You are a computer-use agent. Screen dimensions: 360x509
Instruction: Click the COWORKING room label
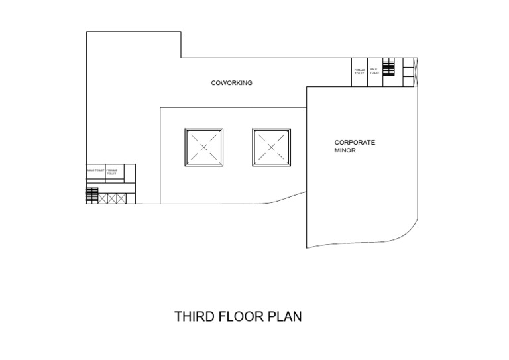231,83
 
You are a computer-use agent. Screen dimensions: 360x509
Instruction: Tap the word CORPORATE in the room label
355,143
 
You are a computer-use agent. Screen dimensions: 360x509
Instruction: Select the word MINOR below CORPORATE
345,150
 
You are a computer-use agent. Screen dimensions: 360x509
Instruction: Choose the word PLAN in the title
285,316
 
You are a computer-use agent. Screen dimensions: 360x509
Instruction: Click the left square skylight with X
203,147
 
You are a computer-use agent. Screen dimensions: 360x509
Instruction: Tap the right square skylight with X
271,147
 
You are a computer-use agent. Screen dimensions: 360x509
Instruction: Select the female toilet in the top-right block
360,72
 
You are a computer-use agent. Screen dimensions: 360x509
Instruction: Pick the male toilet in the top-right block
374,72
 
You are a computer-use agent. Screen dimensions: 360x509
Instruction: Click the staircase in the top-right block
388,68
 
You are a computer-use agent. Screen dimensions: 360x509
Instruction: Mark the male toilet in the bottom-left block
95,172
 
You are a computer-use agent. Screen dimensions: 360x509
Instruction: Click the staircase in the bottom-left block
92,195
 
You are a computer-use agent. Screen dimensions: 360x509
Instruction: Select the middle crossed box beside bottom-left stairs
112,198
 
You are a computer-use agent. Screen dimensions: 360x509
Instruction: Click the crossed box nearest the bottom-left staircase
102,198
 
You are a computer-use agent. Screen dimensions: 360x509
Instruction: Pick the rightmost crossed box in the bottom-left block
121,198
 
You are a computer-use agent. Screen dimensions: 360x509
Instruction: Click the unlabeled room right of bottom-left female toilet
130,173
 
